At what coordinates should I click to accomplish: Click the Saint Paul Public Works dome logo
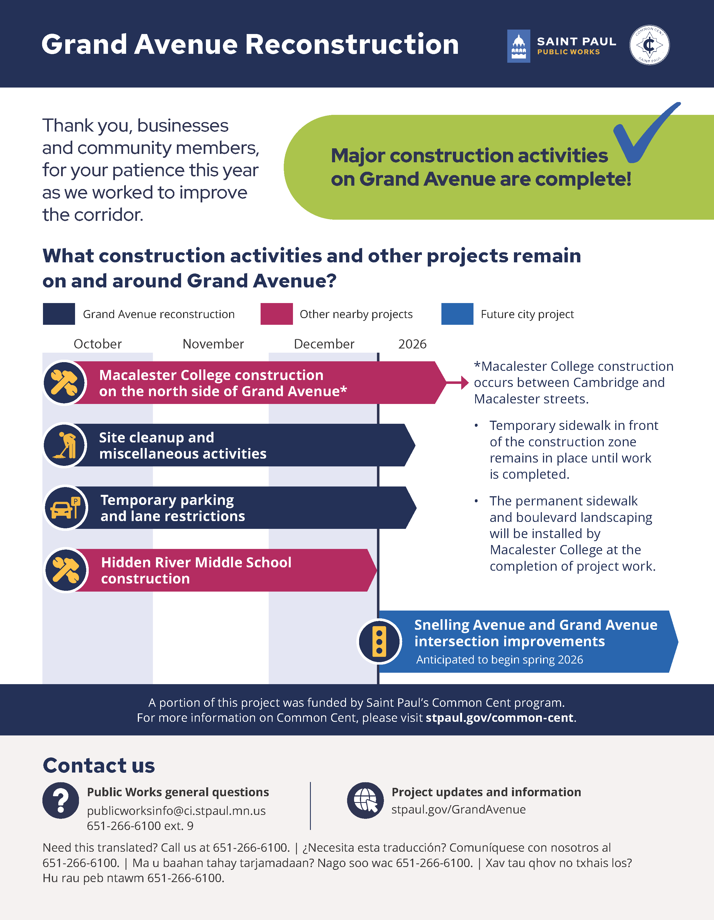[x=518, y=46]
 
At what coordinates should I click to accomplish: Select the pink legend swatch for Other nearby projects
[x=277, y=314]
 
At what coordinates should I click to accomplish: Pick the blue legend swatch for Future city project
[x=457, y=314]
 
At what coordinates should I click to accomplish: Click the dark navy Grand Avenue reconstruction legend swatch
[x=59, y=314]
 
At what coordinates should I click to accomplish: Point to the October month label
[x=98, y=344]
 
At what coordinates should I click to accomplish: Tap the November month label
[x=213, y=344]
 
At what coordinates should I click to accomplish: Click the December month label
[x=324, y=344]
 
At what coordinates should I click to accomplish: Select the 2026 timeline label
[x=412, y=344]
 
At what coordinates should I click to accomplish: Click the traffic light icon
[x=379, y=641]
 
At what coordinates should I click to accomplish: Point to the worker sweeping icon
[x=64, y=445]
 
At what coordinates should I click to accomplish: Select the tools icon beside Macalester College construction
[x=64, y=383]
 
